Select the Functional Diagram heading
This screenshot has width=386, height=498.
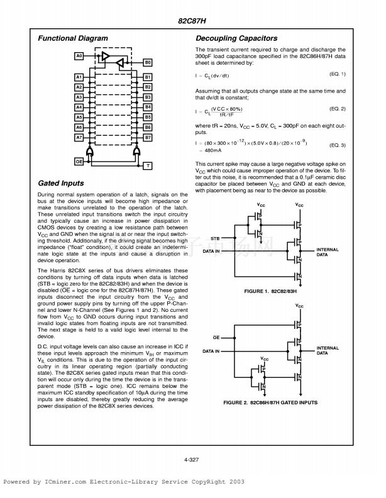[x=73, y=38]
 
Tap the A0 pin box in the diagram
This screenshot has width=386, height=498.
[x=79, y=57]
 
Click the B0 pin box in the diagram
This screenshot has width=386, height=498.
[x=148, y=64]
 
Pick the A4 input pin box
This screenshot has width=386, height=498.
[x=79, y=108]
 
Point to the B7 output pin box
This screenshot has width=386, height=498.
[x=148, y=137]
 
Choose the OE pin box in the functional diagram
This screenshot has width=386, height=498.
[x=79, y=162]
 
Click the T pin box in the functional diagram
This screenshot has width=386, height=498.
[x=148, y=165]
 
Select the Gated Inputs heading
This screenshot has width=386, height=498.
[x=61, y=184]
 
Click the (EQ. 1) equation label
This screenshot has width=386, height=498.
[x=338, y=74]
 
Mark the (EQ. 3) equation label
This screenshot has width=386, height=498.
[x=338, y=145]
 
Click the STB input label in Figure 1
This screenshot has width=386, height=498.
[x=215, y=239]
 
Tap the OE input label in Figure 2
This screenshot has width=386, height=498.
[x=217, y=337]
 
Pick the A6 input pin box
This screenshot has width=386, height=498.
[x=79, y=127]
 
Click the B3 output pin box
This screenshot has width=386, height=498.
[x=148, y=97]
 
